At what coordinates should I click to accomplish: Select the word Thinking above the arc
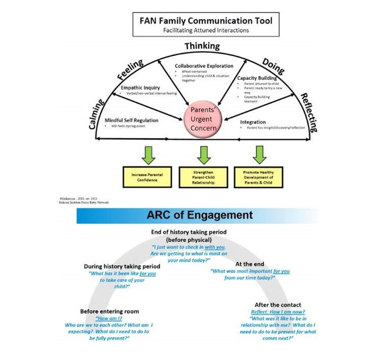point(202,47)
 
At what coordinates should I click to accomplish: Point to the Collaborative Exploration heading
point(204,66)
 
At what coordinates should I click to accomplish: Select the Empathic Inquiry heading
point(140,87)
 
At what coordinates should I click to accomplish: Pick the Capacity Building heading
point(258,78)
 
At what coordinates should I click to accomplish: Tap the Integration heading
point(253,122)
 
